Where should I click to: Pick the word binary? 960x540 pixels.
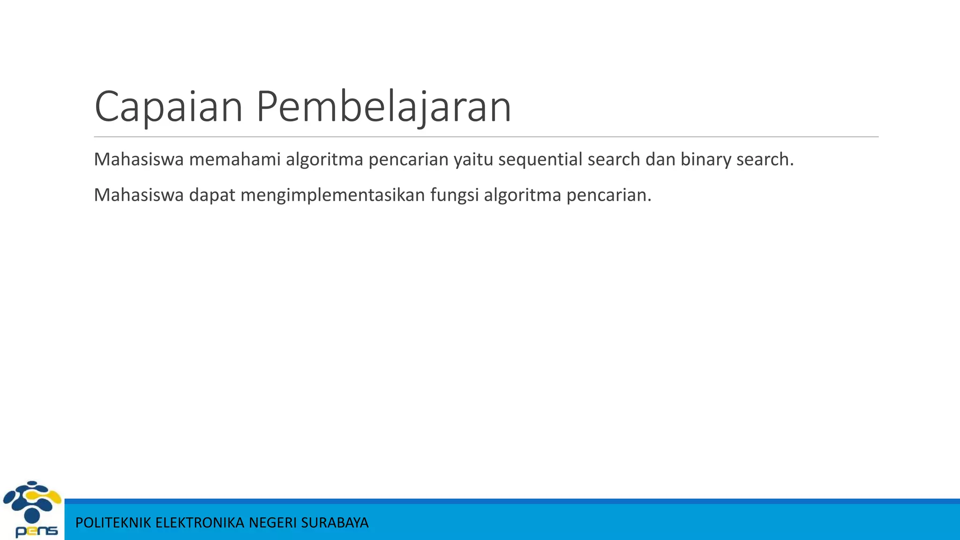pos(706,160)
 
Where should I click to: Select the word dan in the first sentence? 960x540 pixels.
pos(660,159)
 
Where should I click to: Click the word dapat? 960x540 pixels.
pos(212,195)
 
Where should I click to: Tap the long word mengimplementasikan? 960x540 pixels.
pos(333,195)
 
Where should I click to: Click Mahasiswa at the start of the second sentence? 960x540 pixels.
pos(139,195)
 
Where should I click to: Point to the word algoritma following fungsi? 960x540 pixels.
pos(523,195)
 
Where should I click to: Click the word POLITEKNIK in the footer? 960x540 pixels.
pos(113,523)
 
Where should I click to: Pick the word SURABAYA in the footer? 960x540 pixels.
pos(335,523)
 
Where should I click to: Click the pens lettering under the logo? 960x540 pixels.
pos(37,531)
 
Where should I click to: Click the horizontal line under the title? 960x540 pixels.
pos(486,137)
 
